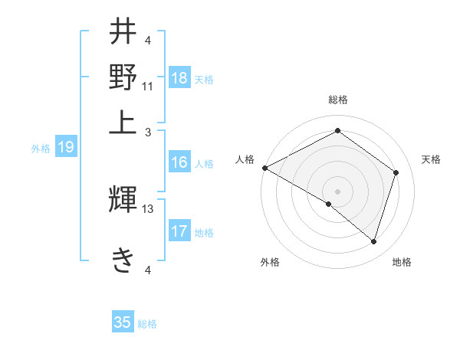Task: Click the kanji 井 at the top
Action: click(x=123, y=33)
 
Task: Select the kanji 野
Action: click(x=123, y=77)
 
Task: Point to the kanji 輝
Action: click(x=123, y=200)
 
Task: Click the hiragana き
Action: click(x=123, y=258)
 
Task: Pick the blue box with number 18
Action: click(x=179, y=77)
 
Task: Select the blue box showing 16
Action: click(x=179, y=162)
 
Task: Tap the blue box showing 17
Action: click(x=179, y=231)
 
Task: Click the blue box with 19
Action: click(x=66, y=148)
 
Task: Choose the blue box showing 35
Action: click(x=123, y=322)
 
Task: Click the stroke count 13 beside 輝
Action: click(x=148, y=209)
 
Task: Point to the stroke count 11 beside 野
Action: click(x=148, y=86)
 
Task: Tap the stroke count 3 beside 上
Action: click(x=148, y=132)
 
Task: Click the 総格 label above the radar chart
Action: click(x=337, y=100)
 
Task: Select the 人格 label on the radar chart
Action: click(x=245, y=159)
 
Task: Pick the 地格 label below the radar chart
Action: click(x=402, y=262)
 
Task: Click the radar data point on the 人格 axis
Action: click(x=264, y=168)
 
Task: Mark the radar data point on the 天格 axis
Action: click(x=396, y=172)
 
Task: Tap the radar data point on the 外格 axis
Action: click(x=329, y=204)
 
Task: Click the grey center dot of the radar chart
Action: click(x=337, y=191)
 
